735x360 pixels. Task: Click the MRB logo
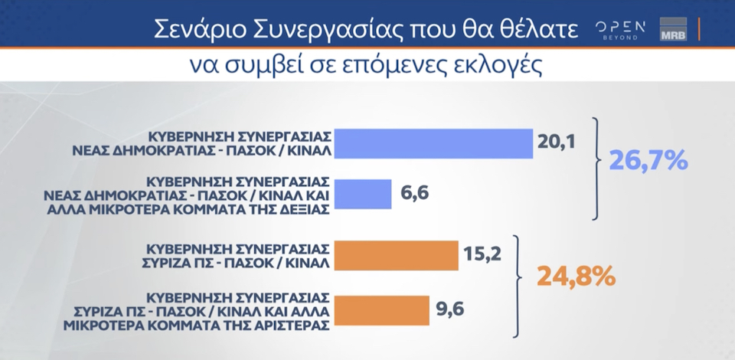[673, 31]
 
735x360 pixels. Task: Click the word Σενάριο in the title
[194, 29]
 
